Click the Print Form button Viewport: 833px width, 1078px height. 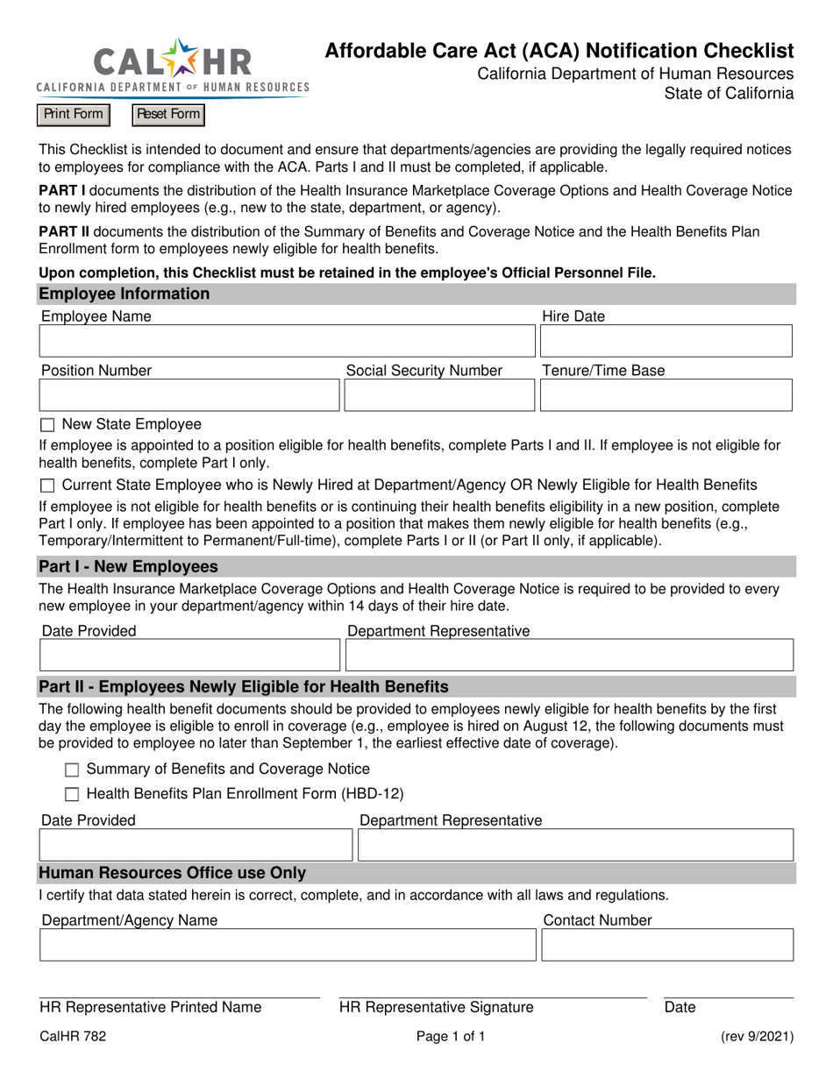pyautogui.click(x=74, y=115)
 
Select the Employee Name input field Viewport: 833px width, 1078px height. pyautogui.click(x=286, y=341)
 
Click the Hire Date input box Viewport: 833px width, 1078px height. pyautogui.click(x=666, y=341)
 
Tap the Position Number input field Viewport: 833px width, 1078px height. pyautogui.click(x=189, y=395)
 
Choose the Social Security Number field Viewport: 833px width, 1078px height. pyautogui.click(x=438, y=395)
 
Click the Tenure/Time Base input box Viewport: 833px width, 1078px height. pyautogui.click(x=666, y=395)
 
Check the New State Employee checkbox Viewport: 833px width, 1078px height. pyautogui.click(x=47, y=426)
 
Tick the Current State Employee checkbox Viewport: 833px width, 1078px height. pyautogui.click(x=47, y=486)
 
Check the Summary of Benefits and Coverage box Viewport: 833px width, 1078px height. pyautogui.click(x=72, y=770)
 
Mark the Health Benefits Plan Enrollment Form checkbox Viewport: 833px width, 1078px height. pyautogui.click(x=72, y=795)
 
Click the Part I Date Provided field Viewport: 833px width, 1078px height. pyautogui.click(x=189, y=655)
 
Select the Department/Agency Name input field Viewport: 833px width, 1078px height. pyautogui.click(x=287, y=945)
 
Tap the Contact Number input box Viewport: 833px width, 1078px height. pyautogui.click(x=667, y=945)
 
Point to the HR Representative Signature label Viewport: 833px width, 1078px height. pyautogui.click(x=437, y=1008)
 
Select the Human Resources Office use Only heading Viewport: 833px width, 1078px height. pyautogui.click(x=172, y=873)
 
